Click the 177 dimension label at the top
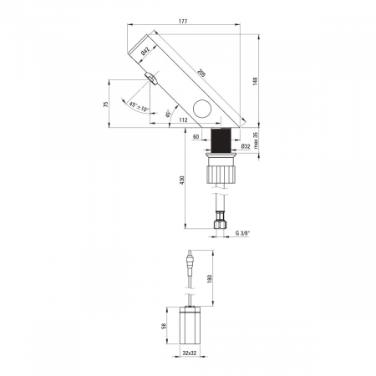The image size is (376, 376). (x=183, y=21)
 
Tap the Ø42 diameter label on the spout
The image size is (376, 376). (x=145, y=50)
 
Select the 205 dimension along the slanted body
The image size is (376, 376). (x=201, y=74)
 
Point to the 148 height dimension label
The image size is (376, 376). (x=256, y=81)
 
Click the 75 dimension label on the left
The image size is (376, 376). (x=105, y=104)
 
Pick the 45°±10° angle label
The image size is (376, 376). (x=139, y=107)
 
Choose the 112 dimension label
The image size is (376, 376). (x=183, y=120)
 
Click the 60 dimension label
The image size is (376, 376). (x=196, y=137)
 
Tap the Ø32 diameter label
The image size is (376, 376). (x=246, y=146)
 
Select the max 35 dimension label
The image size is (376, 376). (x=256, y=140)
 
